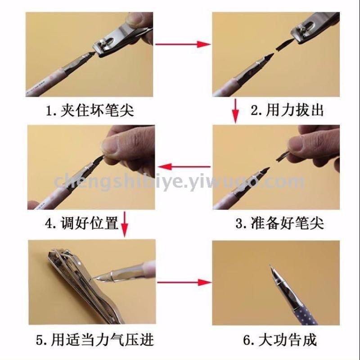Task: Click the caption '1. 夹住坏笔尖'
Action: pos(90,110)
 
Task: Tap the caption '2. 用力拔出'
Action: pos(287,110)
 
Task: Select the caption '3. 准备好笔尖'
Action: pos(279,223)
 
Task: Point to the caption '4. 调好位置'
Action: pos(82,223)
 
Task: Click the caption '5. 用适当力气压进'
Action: pos(95,340)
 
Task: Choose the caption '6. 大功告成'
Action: pos(279,340)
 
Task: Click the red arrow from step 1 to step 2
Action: pos(183,44)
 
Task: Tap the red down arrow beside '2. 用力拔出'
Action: pos(235,111)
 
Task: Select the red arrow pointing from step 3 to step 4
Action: pos(184,166)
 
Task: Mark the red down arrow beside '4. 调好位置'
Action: pos(124,224)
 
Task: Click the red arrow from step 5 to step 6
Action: pos(184,282)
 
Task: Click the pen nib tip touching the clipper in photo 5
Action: pos(94,279)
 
